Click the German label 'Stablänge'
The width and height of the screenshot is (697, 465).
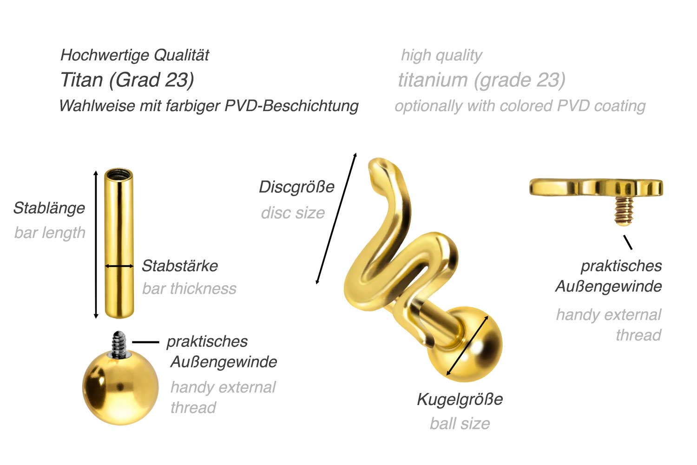coord(49,209)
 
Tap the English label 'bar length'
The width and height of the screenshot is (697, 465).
coord(50,233)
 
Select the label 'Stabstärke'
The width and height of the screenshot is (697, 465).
coord(180,266)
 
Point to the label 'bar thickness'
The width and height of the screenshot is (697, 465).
coord(189,288)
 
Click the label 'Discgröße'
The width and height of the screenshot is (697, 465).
coord(296,187)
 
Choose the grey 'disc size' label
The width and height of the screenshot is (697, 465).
coord(293,213)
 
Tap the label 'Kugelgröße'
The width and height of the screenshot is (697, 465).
coord(460,400)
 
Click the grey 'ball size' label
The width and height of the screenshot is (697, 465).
coord(460,424)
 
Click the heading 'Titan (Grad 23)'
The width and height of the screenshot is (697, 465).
coord(127,80)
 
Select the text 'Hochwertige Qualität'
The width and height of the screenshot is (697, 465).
coord(135,55)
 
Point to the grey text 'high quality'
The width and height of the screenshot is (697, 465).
coord(441,56)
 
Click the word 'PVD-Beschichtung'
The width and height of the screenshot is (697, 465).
coord(291,106)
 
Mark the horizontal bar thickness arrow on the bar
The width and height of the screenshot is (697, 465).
coord(119,266)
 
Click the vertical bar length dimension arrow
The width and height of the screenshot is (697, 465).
coord(96,244)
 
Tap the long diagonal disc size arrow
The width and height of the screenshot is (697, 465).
coord(336,218)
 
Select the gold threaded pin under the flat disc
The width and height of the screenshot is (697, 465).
coord(624,211)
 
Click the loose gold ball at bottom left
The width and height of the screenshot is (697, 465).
coord(120,387)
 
